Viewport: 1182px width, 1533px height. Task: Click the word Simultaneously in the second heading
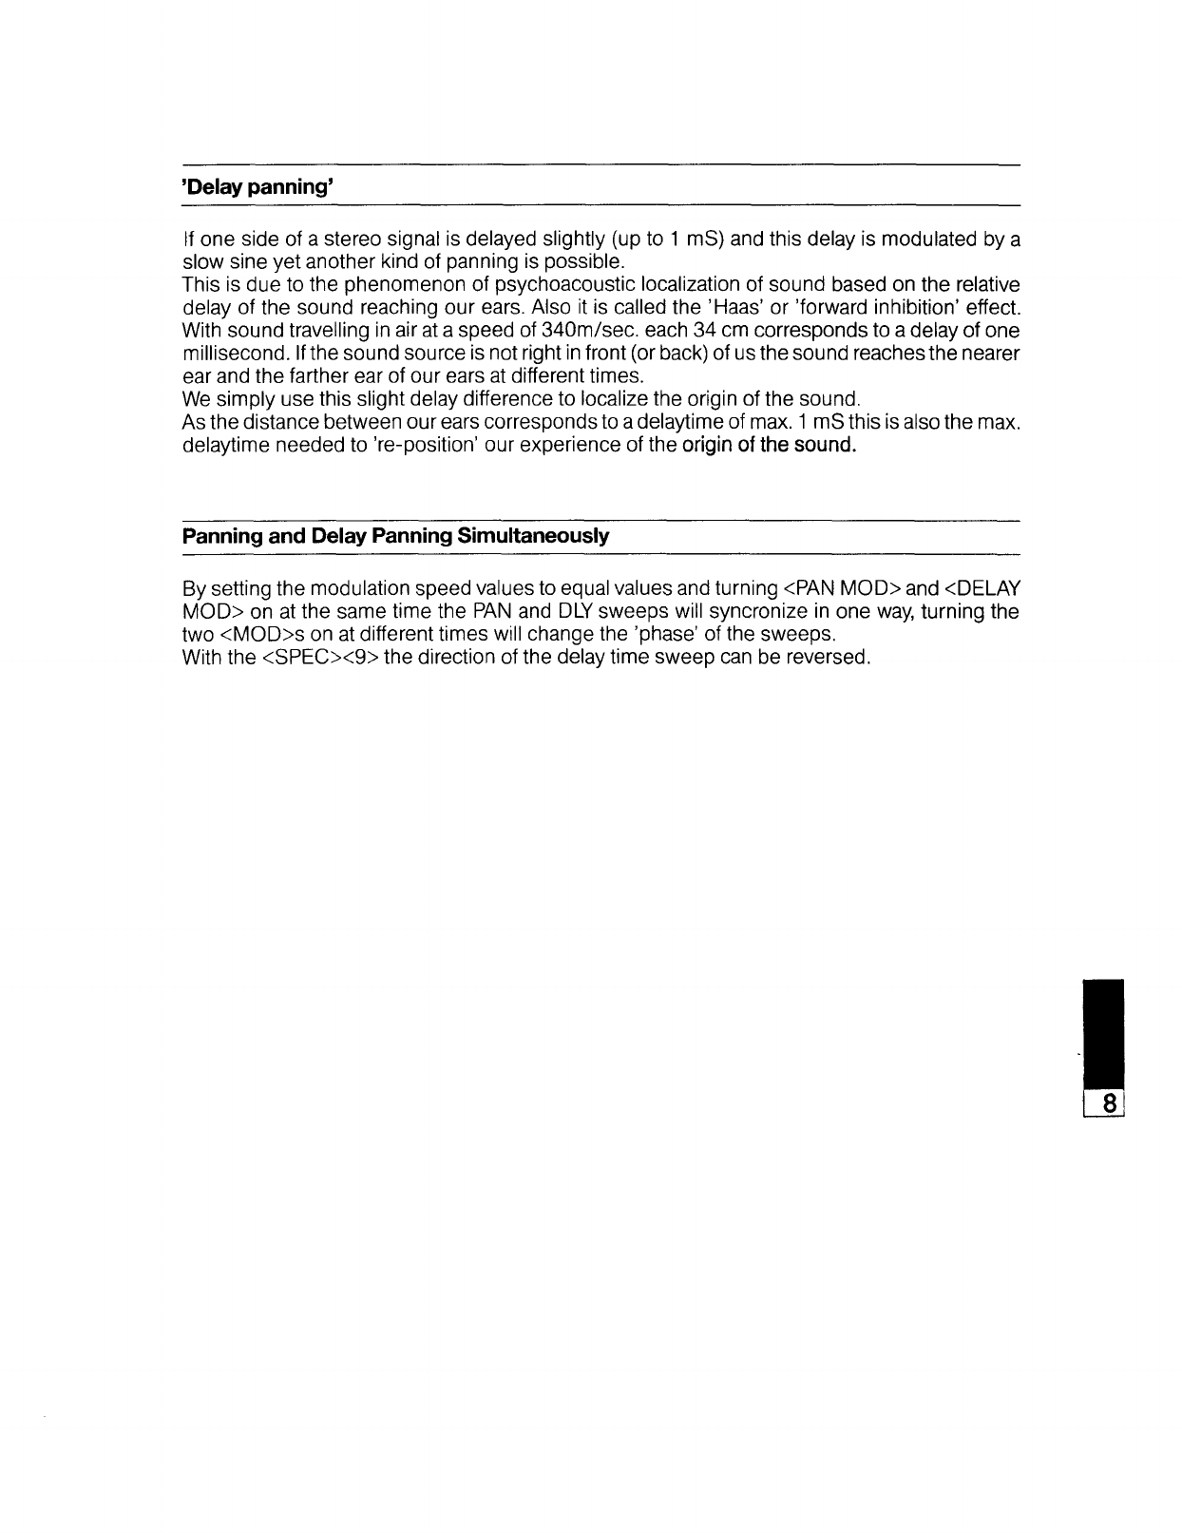(x=533, y=536)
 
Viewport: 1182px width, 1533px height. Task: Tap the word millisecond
(x=223, y=354)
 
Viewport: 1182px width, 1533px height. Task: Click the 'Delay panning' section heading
(x=256, y=187)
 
